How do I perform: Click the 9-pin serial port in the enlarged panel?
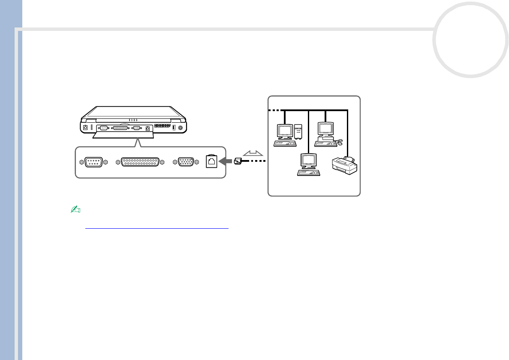pyautogui.click(x=93, y=163)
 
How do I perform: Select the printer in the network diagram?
pyautogui.click(x=345, y=165)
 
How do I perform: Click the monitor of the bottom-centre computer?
pyautogui.click(x=308, y=160)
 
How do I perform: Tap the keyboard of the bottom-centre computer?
pyautogui.click(x=309, y=173)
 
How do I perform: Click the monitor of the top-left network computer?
pyautogui.click(x=284, y=130)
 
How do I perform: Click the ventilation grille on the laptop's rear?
pyautogui.click(x=162, y=127)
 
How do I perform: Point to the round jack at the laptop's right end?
pyautogui.click(x=180, y=127)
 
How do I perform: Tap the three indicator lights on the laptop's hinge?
pyautogui.click(x=133, y=120)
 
